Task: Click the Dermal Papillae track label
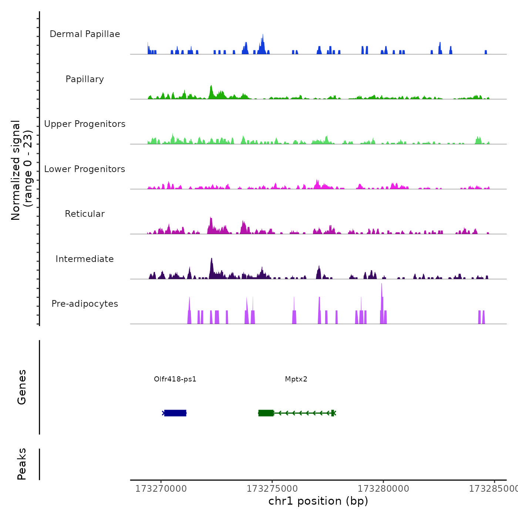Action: pos(85,34)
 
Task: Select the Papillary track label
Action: pos(85,79)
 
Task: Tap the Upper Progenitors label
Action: pos(85,124)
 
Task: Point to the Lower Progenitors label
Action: pos(85,169)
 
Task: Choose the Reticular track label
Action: pos(85,214)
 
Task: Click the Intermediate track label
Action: pos(85,259)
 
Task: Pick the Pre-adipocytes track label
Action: pos(85,304)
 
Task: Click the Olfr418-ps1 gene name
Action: pos(175,379)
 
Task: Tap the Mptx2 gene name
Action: pos(296,379)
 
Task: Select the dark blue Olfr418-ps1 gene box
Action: pos(175,413)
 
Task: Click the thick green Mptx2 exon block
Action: pos(266,413)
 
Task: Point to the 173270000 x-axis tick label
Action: pos(161,489)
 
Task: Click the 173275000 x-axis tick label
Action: pos(272,489)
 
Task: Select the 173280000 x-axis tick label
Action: pos(383,489)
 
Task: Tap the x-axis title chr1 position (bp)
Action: pos(318,501)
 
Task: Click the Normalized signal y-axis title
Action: pos(21,170)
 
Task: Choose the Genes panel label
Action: pos(22,387)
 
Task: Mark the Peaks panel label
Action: pos(22,464)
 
